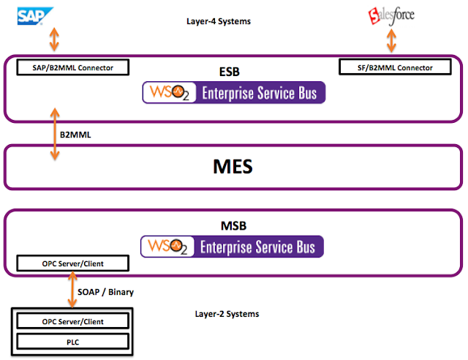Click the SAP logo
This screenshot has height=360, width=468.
click(x=35, y=16)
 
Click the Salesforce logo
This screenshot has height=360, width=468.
click(x=391, y=16)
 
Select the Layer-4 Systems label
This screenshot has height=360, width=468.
click(x=219, y=21)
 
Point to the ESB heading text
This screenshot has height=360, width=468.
click(x=229, y=72)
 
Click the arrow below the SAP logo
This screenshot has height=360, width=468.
click(x=54, y=39)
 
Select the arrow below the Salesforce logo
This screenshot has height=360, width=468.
click(x=392, y=41)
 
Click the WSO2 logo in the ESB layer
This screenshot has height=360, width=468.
click(x=169, y=93)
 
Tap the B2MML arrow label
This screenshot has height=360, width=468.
click(x=75, y=135)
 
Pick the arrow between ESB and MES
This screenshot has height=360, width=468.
click(x=55, y=134)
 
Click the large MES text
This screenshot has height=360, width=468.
click(x=233, y=166)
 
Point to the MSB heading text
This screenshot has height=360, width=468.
click(x=233, y=226)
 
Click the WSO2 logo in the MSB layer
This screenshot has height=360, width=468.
click(x=167, y=247)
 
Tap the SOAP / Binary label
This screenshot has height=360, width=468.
click(x=105, y=292)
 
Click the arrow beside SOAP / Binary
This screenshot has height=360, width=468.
click(x=72, y=289)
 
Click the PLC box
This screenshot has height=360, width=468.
click(x=73, y=342)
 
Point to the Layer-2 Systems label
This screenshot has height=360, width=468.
click(x=227, y=314)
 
